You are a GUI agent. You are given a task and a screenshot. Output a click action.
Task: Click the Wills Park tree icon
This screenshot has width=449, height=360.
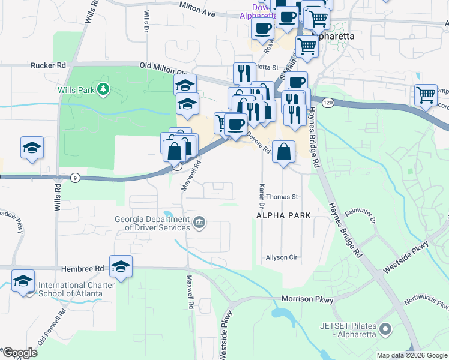point(104,89)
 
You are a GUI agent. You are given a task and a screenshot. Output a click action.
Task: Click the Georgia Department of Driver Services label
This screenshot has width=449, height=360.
point(153,223)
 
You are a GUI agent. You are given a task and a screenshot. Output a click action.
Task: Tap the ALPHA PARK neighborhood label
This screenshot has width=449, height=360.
point(283,215)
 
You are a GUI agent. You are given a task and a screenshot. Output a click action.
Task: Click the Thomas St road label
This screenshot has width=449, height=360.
point(282,197)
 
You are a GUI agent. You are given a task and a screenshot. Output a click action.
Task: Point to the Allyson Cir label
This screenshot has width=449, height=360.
point(282,257)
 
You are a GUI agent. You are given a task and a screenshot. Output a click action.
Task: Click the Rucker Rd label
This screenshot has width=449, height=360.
point(48,65)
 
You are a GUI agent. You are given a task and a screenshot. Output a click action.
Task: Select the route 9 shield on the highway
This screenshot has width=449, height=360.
point(75,178)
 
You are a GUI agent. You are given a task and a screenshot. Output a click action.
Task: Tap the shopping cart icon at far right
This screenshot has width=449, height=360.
point(425,95)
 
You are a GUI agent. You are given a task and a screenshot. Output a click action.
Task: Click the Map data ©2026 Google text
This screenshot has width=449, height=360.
point(411,355)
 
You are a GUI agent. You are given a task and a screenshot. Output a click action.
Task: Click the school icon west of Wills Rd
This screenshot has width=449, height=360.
point(31,148)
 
